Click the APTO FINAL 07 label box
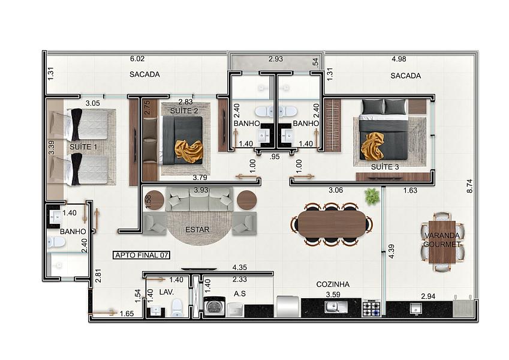point(141,255)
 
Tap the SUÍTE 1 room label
point(83,147)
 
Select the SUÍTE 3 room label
point(385,167)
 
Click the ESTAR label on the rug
point(197,230)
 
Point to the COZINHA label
point(333,284)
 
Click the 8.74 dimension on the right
point(469,186)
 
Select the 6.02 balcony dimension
point(137,59)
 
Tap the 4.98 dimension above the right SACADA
point(399,59)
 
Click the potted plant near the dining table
point(372,197)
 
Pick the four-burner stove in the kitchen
point(371,308)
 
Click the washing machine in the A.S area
point(214,306)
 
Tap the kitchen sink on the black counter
point(336,307)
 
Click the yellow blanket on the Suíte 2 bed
point(189,151)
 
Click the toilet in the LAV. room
point(177,308)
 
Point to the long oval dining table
point(332,224)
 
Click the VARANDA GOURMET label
point(442,240)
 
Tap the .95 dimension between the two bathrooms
point(275,157)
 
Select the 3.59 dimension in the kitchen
point(333,295)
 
